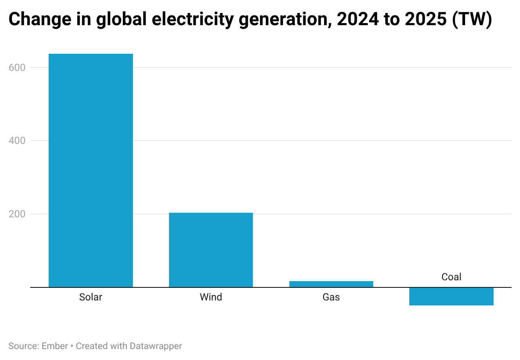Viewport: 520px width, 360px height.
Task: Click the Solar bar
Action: pyautogui.click(x=91, y=170)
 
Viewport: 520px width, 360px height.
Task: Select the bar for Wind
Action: pyautogui.click(x=211, y=250)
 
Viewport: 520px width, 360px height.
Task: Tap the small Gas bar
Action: pyautogui.click(x=331, y=284)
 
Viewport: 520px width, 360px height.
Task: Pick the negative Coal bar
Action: pyautogui.click(x=452, y=297)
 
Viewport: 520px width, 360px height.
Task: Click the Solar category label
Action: pyautogui.click(x=91, y=297)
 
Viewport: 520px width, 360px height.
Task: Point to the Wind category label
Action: pyautogui.click(x=211, y=297)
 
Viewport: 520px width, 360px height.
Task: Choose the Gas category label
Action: pyautogui.click(x=331, y=297)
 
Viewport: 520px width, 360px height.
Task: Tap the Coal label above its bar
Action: pyautogui.click(x=452, y=277)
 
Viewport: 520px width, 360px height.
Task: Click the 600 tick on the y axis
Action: pyautogui.click(x=17, y=68)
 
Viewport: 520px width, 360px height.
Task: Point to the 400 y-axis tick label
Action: pyautogui.click(x=17, y=141)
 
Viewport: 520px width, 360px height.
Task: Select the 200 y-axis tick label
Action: pyautogui.click(x=17, y=214)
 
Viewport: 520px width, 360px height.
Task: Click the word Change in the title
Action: pyautogui.click(x=40, y=19)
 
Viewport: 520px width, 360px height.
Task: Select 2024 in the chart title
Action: pyautogui.click(x=358, y=19)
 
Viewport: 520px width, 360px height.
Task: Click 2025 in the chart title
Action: pyautogui.click(x=426, y=19)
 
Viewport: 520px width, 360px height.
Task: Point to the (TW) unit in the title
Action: pyautogui.click(x=472, y=19)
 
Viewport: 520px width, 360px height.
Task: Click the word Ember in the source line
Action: pyautogui.click(x=55, y=346)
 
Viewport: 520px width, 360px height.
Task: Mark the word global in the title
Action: pyautogui.click(x=122, y=19)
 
